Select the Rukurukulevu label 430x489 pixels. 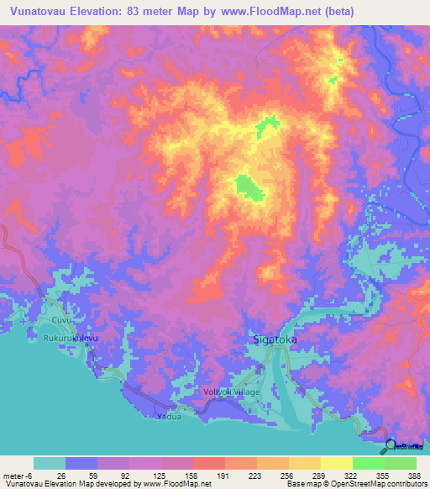tap(71, 338)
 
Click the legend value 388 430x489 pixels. tap(414, 474)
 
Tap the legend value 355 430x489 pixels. tap(384, 474)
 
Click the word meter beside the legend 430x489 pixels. tap(14, 474)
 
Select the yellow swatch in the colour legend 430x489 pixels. tap(337, 463)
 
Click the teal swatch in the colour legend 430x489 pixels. tap(50, 463)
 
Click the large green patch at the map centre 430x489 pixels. tap(249, 187)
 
